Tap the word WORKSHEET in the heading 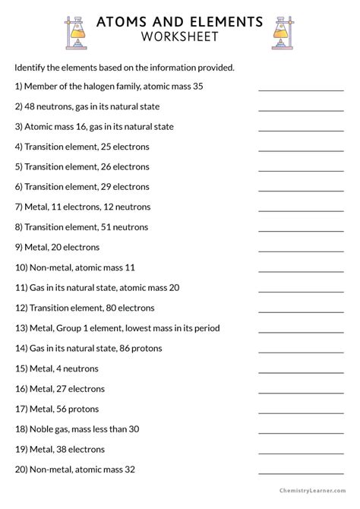(x=179, y=36)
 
